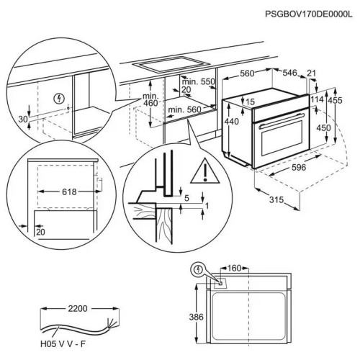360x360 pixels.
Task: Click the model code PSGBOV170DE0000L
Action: tap(309, 14)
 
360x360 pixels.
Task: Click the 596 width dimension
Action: tap(299, 167)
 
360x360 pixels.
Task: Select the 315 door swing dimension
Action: tap(276, 199)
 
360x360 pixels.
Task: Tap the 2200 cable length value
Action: tap(78, 309)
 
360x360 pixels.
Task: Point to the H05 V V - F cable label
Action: tap(63, 344)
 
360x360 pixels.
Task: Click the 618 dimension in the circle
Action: tap(69, 192)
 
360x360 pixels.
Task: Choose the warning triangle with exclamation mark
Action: tap(205, 171)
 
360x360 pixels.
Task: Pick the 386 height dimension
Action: tap(196, 317)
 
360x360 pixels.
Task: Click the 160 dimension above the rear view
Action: tap(234, 268)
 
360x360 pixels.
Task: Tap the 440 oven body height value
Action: tap(232, 122)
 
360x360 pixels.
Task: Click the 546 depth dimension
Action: tap(289, 73)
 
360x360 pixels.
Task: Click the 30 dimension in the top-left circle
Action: tap(23, 120)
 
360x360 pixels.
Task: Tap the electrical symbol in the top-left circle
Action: tap(59, 99)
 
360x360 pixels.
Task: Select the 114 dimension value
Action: tap(318, 99)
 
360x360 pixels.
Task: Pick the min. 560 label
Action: tap(184, 110)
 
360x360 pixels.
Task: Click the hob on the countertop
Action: tap(171, 64)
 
